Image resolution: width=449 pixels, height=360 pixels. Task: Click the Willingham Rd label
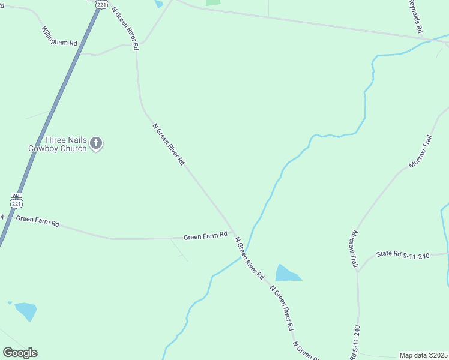tap(60, 37)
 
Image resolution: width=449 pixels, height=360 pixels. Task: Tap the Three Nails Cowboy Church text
tap(58, 144)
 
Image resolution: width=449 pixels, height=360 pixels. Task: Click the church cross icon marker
tap(97, 143)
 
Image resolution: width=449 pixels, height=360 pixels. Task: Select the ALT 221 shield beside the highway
tap(17, 200)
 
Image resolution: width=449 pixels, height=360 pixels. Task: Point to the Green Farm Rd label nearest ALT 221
tap(37, 221)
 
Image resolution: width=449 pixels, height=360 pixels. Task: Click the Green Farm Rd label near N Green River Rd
tap(205, 236)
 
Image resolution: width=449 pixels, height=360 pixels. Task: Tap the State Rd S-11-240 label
tap(403, 255)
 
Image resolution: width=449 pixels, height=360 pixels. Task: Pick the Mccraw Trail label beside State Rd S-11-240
tap(354, 248)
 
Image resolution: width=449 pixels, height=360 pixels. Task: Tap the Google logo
tap(20, 352)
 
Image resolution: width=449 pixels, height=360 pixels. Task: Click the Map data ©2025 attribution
tap(424, 355)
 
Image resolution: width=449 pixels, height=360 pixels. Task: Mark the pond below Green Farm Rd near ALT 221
tap(26, 311)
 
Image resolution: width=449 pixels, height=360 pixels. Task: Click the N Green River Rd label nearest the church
tap(169, 144)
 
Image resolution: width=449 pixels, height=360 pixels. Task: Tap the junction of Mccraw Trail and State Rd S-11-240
tap(358, 272)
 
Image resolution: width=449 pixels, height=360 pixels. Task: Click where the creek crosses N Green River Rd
tap(245, 250)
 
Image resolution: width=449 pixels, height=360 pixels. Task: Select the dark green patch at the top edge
tap(213, 2)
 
